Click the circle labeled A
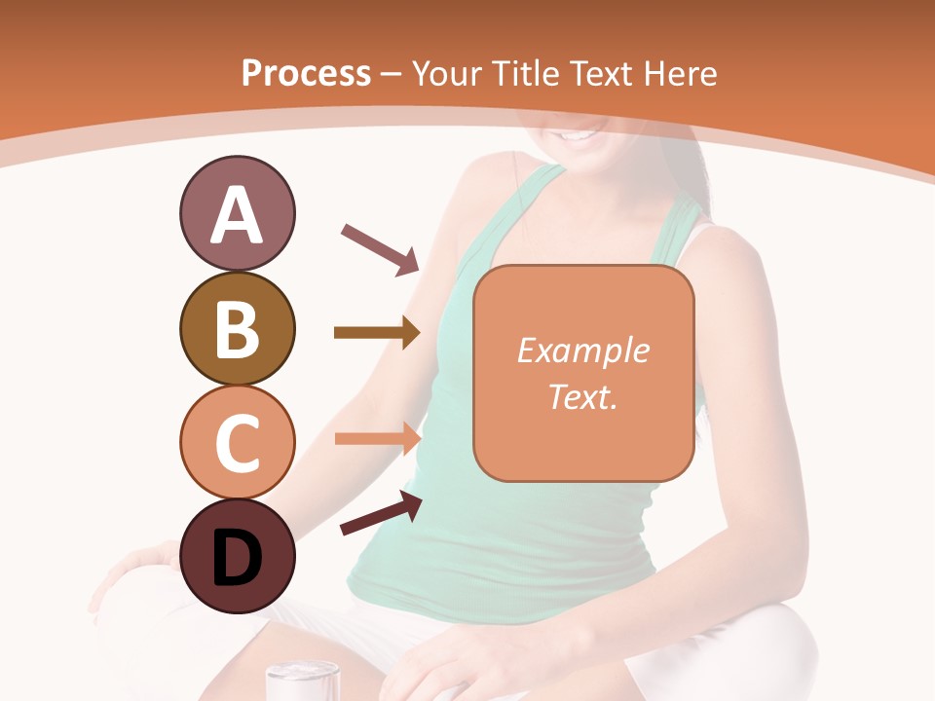point(237,214)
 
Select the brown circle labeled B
point(237,328)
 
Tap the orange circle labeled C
point(237,442)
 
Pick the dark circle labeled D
point(237,556)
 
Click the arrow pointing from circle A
point(380,247)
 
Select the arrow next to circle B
point(377,333)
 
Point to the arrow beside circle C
point(377,437)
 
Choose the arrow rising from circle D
point(381,512)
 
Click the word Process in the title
point(306,73)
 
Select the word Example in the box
point(582,350)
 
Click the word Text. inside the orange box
point(582,396)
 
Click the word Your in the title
point(448,73)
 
